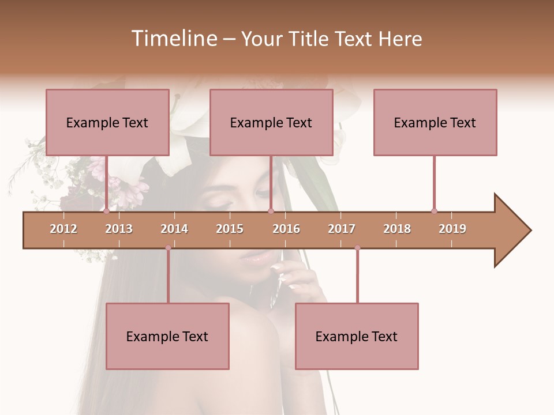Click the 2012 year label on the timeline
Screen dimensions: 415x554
[63, 229]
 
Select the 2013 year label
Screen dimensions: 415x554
[119, 229]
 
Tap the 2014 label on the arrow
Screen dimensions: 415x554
[174, 229]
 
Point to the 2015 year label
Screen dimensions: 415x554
[230, 229]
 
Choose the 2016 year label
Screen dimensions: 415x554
[286, 229]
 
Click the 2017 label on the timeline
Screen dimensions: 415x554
[342, 229]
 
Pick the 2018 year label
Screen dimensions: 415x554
[397, 229]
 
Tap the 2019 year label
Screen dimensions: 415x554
[452, 229]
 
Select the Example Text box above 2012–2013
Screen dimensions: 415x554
[107, 122]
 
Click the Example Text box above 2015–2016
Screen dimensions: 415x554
[271, 122]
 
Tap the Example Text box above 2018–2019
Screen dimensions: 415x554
[435, 122]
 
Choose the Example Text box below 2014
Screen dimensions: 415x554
[167, 336]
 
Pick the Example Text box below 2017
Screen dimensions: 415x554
[357, 336]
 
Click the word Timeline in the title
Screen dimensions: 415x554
[174, 39]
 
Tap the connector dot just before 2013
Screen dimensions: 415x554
[107, 211]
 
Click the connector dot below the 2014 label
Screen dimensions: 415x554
[168, 248]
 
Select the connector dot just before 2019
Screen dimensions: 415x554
[434, 211]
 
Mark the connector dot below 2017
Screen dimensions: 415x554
[357, 248]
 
